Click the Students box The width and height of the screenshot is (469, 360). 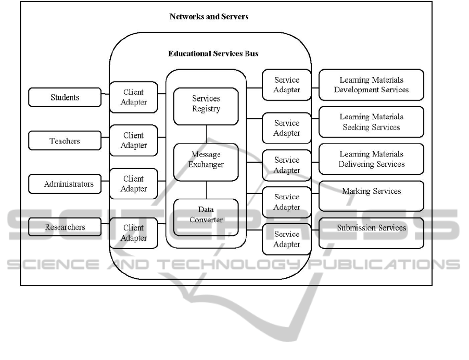[x=65, y=97]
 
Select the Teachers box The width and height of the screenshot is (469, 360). [x=65, y=141]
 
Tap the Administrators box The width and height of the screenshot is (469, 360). [x=65, y=184]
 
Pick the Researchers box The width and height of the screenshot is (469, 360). [x=65, y=227]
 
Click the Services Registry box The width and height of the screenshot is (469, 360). [x=206, y=106]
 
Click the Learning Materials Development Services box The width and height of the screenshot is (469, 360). [x=371, y=85]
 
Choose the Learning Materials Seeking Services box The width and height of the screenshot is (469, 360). [x=371, y=122]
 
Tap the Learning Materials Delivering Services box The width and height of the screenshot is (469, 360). [x=371, y=159]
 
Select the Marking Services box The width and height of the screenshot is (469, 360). [x=371, y=196]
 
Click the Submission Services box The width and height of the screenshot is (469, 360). [x=371, y=233]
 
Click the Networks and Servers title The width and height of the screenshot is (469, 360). [x=209, y=17]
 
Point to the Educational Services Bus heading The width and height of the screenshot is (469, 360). [x=213, y=54]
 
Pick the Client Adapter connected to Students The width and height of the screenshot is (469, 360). [x=134, y=97]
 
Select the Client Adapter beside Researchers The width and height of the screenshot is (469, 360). [x=134, y=233]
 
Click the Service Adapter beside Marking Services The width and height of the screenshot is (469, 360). [x=287, y=202]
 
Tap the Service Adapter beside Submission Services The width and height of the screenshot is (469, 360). [x=287, y=239]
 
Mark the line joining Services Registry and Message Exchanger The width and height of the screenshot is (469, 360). [x=206, y=134]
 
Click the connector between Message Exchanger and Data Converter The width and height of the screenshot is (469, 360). [x=206, y=190]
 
